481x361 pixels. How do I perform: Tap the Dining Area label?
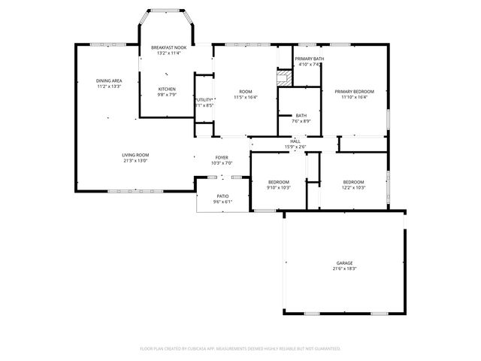point(109,80)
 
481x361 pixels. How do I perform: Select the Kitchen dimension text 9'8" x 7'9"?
point(166,94)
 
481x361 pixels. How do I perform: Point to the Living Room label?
point(135,155)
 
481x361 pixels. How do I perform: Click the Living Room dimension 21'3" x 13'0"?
point(135,160)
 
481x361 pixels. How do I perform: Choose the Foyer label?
point(222,157)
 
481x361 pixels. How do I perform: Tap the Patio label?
point(222,196)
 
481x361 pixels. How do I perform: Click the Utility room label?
point(204,99)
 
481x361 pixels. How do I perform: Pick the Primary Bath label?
point(309,59)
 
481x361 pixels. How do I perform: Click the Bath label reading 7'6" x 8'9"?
point(301,115)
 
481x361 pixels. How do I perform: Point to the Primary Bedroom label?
point(354,91)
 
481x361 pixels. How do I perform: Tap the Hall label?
point(295,141)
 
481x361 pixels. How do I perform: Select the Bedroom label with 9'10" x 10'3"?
point(279,182)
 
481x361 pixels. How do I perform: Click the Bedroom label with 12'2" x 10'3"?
point(353,182)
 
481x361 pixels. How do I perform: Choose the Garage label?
point(345,262)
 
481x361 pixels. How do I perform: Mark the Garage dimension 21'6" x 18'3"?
point(345,268)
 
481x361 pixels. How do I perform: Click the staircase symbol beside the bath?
point(283,77)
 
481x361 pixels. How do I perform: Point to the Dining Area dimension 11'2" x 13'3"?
point(109,86)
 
